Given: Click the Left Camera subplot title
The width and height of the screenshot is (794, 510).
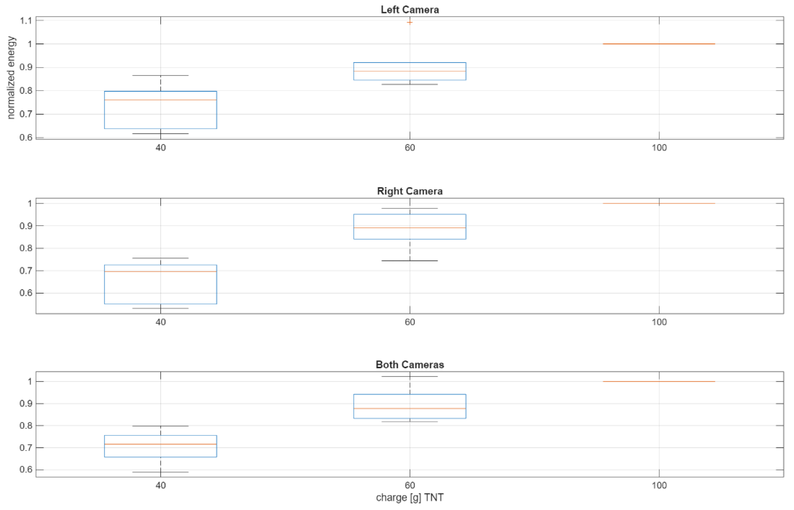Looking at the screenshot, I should (x=410, y=10).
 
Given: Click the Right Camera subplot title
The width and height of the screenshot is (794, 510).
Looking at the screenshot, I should (x=410, y=191).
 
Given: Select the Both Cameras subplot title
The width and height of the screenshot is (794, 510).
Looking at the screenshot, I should (x=410, y=365).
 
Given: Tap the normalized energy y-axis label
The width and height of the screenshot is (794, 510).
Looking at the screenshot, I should (x=11, y=78).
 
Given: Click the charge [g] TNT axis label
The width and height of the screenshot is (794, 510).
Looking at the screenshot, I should (x=410, y=497).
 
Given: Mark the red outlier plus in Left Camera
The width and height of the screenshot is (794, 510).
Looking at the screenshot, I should (x=410, y=23).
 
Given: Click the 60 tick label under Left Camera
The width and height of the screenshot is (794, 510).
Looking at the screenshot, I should (x=410, y=148).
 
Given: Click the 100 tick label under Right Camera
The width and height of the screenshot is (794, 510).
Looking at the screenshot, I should (x=659, y=322).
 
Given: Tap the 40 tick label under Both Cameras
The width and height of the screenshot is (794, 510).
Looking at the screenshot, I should (x=161, y=485).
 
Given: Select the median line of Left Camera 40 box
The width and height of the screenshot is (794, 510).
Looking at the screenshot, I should (x=161, y=100).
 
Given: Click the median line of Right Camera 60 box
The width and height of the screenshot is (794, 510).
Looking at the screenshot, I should (x=410, y=228).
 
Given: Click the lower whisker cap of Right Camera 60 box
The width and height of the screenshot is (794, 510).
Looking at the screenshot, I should (x=410, y=261).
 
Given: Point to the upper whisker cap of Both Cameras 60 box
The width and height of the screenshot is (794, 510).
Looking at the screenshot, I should (x=410, y=377).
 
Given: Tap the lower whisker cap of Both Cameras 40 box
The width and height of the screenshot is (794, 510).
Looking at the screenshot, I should (x=161, y=472).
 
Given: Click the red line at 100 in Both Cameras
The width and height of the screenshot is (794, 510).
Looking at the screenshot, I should (x=659, y=381).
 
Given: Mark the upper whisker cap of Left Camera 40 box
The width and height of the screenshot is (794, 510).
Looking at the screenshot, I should (x=161, y=76).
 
